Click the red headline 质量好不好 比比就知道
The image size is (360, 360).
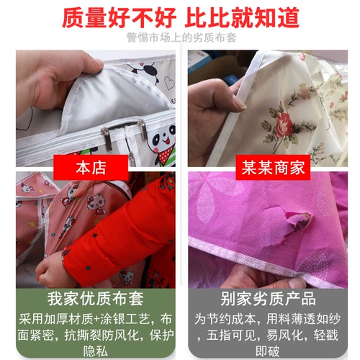(x=181, y=18)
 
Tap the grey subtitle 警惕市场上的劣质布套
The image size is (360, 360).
(x=181, y=37)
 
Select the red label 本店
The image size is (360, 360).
(x=91, y=168)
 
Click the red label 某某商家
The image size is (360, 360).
(x=273, y=168)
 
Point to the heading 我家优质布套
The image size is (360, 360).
(x=96, y=299)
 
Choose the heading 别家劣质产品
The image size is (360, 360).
(x=268, y=299)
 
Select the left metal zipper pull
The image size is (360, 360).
(x=107, y=139)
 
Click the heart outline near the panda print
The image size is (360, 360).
(x=169, y=83)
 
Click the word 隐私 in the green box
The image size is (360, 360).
(x=96, y=351)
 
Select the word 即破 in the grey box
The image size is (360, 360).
(x=268, y=351)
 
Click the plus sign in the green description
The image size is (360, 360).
(x=96, y=320)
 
